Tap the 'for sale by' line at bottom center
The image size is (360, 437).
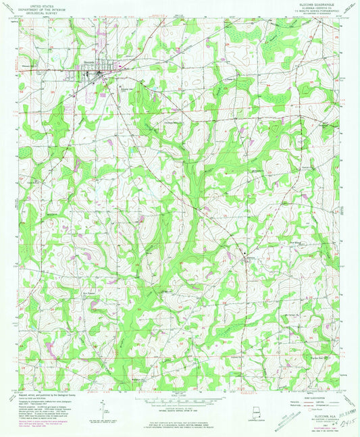(x=180, y=414)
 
